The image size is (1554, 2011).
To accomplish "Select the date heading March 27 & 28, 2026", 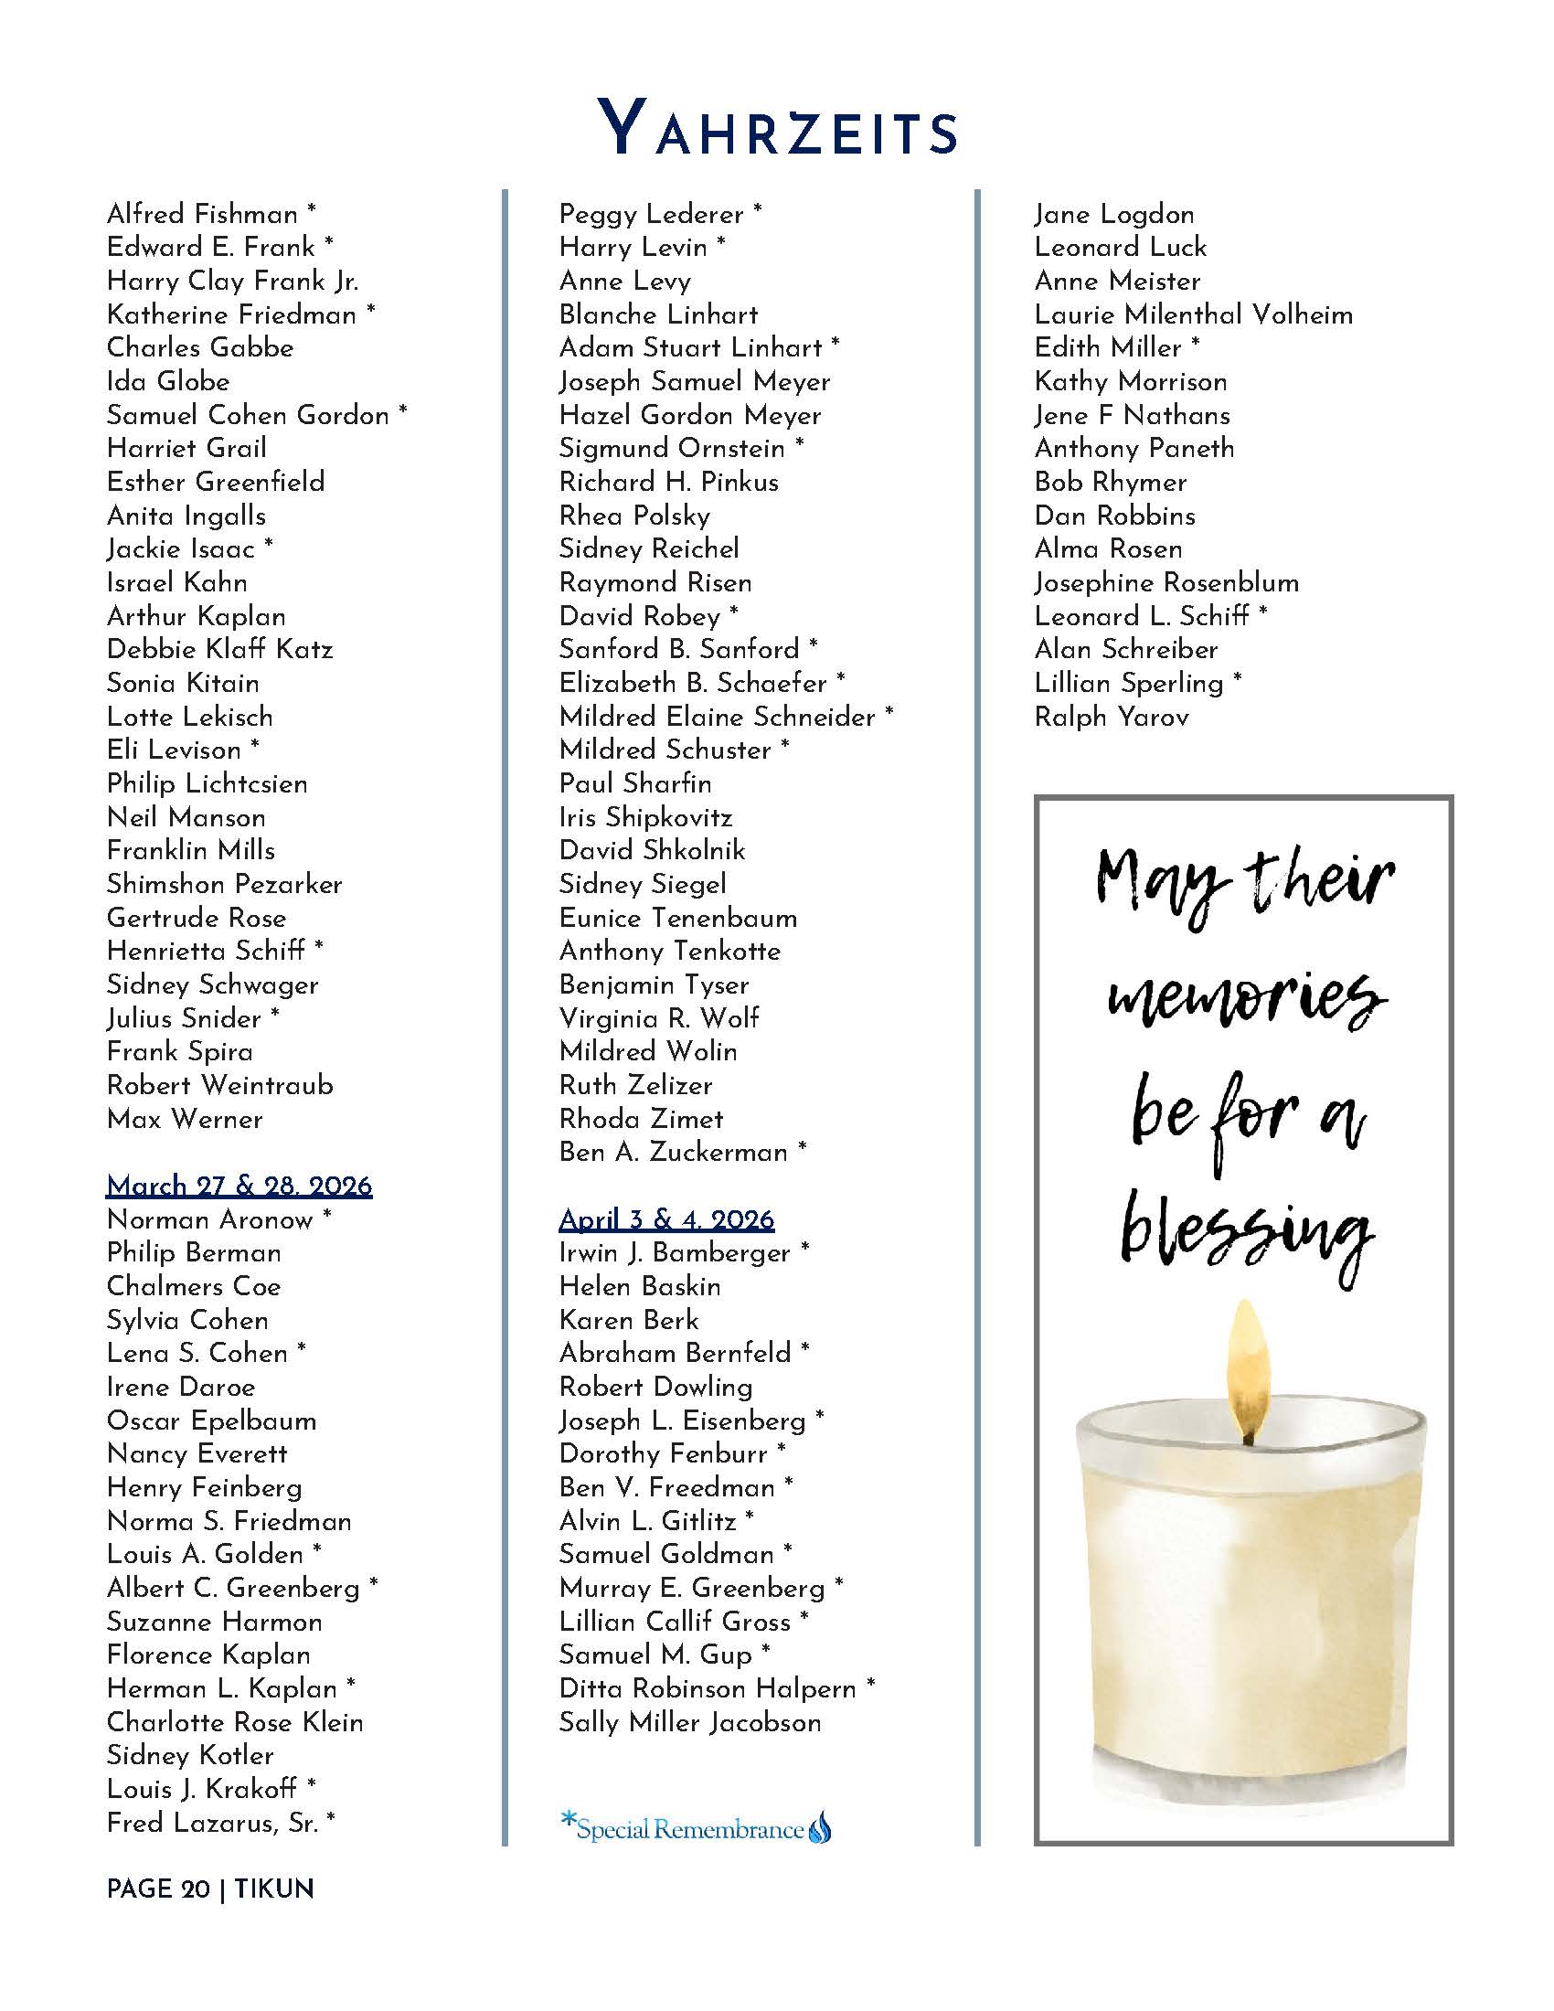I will (239, 1185).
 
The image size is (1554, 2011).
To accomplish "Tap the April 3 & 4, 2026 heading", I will (666, 1219).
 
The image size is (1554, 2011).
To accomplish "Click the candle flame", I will (1246, 1362).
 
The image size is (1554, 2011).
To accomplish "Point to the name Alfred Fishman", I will (203, 215).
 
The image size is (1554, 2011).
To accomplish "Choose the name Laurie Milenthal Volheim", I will (1193, 315).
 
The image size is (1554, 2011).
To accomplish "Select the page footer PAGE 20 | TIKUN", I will (210, 1889).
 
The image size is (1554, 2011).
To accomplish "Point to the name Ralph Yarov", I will (1112, 717).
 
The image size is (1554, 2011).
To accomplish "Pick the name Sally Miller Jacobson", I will (689, 1722).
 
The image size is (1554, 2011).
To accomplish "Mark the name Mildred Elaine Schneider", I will (718, 717).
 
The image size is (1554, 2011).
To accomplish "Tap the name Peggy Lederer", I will (651, 215).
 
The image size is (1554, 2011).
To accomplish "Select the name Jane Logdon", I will (1114, 215).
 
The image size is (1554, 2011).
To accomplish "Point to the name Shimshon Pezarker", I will (225, 884).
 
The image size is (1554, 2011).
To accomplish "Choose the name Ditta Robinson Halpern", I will (707, 1687).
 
